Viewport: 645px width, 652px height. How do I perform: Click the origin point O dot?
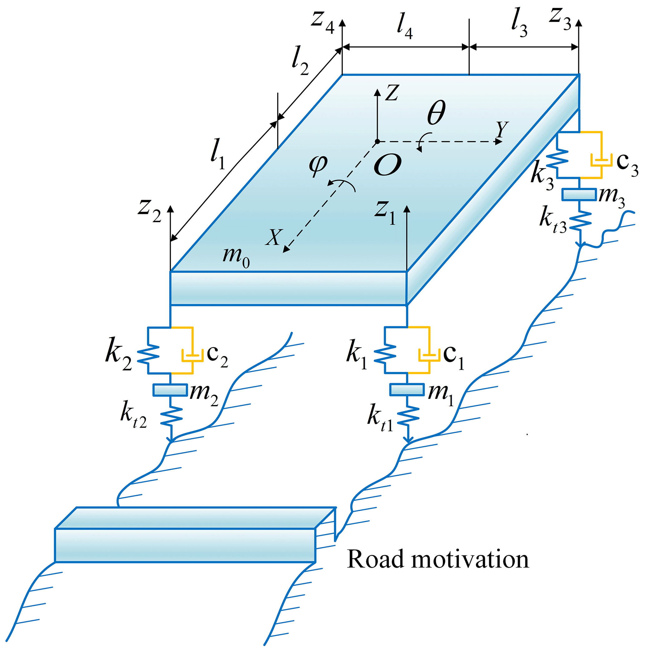point(377,141)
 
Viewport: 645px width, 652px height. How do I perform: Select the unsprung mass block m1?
point(407,389)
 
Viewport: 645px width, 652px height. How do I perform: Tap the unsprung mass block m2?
point(170,389)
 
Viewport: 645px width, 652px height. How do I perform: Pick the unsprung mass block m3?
point(579,194)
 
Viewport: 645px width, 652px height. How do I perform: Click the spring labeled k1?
point(385,354)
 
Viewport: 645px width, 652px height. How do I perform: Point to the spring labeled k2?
point(148,354)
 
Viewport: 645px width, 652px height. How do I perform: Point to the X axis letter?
point(273,237)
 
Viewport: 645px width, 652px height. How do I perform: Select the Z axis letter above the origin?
point(392,92)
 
